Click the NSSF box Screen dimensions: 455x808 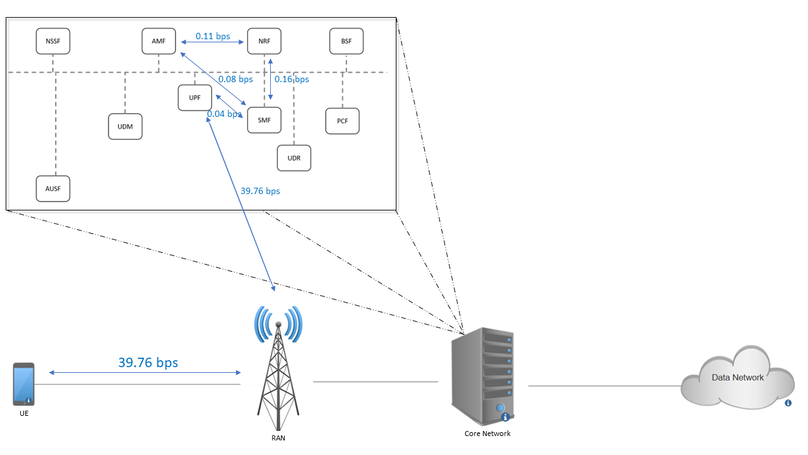53,42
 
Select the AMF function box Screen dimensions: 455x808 159,42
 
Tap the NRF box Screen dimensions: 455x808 264,42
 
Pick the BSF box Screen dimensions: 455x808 347,42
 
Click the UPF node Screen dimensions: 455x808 195,98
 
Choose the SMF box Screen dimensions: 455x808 264,121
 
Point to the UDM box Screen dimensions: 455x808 125,126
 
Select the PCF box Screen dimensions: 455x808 343,121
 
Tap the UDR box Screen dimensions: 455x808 294,158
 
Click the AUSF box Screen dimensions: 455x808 53,189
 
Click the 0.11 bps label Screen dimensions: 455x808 213,37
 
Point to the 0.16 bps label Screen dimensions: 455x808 292,80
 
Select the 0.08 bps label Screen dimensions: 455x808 235,80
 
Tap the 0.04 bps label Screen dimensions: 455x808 224,114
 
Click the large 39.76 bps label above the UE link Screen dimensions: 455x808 148,363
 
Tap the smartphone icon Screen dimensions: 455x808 24,384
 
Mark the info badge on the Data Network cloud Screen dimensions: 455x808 788,403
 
